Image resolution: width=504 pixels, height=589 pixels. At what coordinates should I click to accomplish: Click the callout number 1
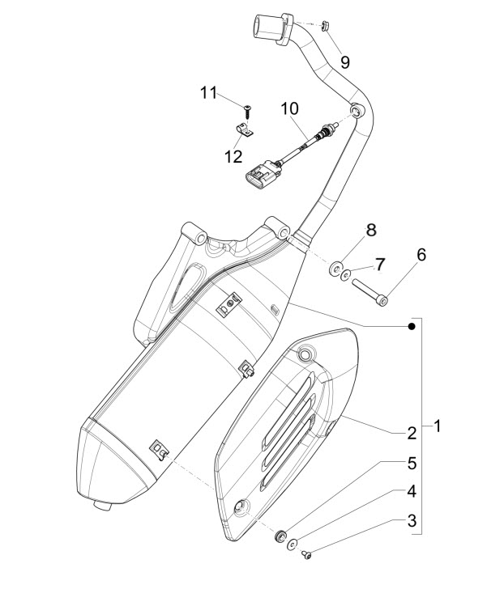pos(438,425)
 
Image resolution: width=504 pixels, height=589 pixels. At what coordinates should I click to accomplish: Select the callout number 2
pos(412,433)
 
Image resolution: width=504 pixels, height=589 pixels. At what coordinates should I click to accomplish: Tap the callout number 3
pos(412,520)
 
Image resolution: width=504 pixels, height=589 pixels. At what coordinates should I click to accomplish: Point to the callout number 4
pos(412,491)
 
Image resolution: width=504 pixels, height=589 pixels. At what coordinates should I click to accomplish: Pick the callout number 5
pos(412,463)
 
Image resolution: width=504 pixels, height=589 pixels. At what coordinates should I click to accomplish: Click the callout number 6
pos(421,254)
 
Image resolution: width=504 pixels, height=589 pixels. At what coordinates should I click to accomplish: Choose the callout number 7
pos(379,264)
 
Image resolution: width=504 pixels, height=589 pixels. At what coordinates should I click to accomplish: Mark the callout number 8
pos(371,231)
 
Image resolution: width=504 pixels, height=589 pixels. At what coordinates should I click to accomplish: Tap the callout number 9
pos(344,61)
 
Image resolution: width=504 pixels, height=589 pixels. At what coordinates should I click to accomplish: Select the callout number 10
pos(290,108)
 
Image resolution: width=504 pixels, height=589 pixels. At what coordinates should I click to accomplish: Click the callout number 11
pos(209,94)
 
